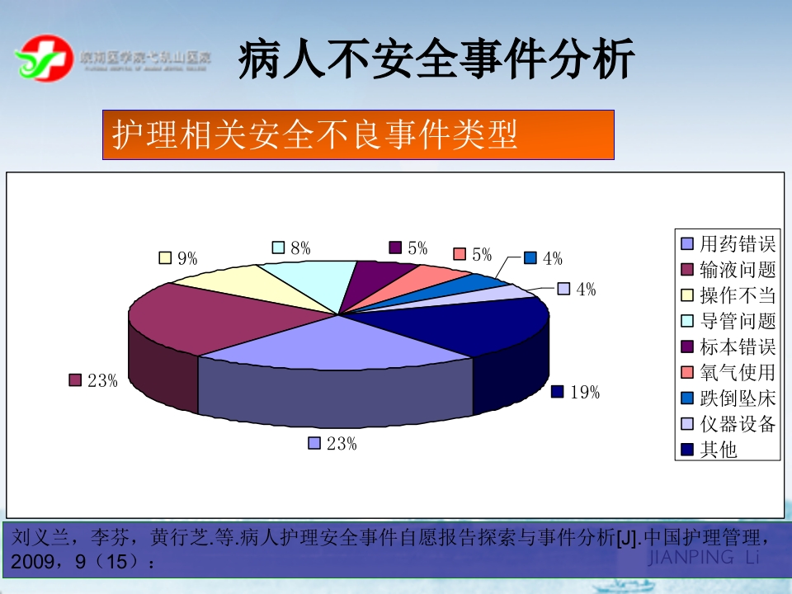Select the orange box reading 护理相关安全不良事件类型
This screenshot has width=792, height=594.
tap(358, 134)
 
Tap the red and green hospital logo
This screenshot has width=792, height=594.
tap(42, 59)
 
